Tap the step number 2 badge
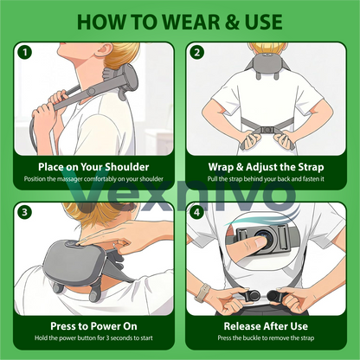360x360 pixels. click(x=197, y=52)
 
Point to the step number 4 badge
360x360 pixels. click(x=197, y=209)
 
